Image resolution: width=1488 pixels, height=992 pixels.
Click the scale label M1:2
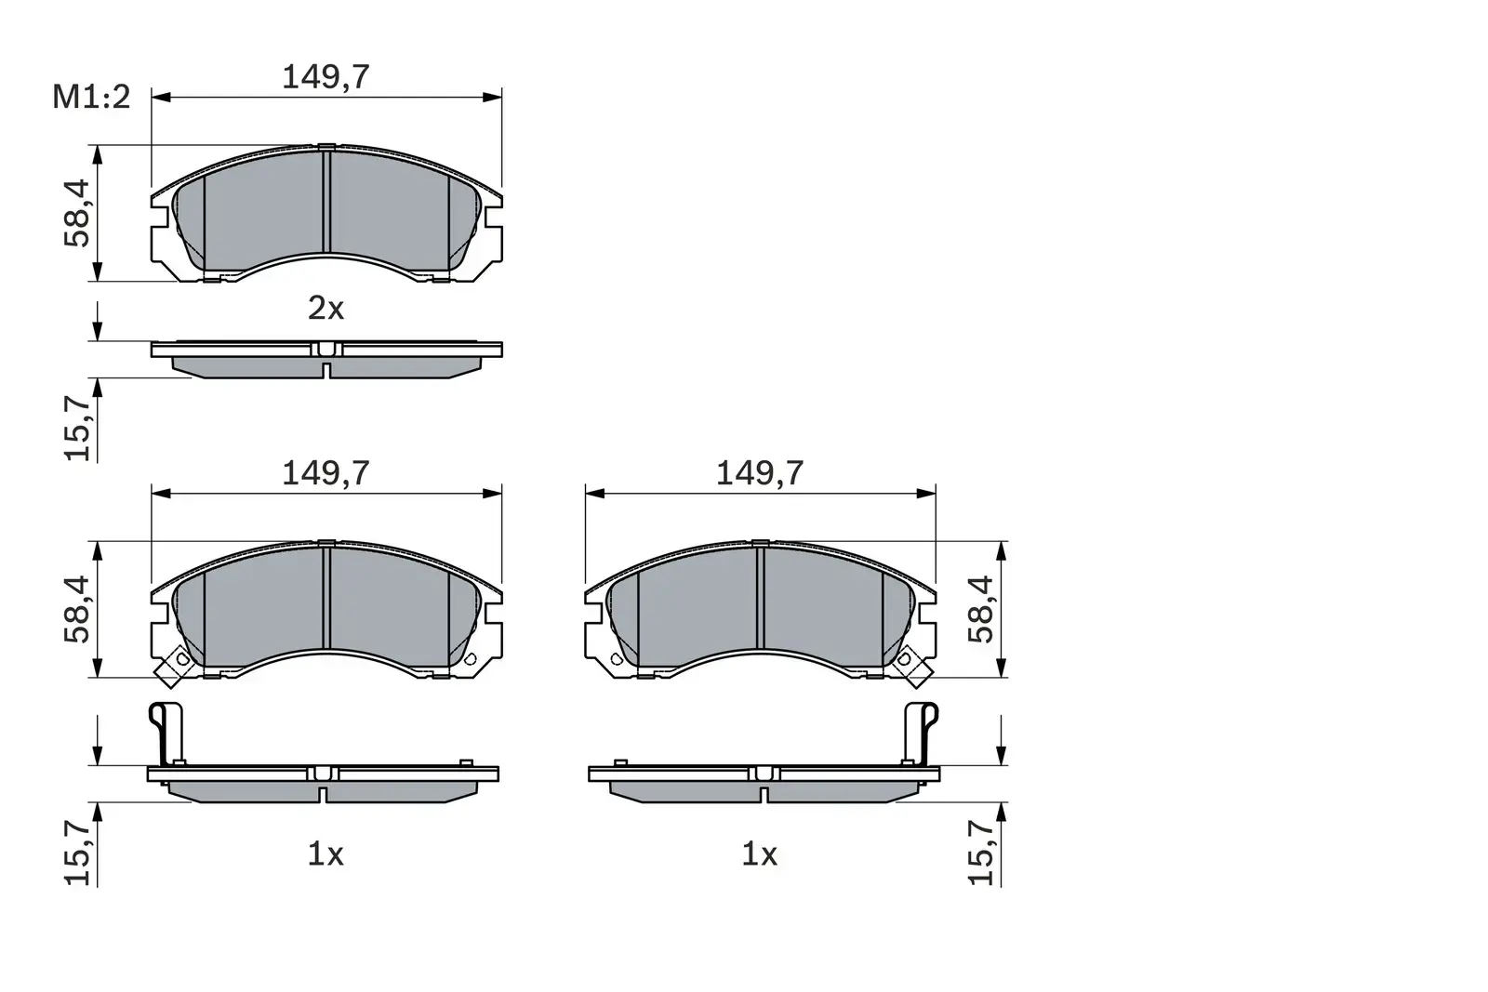(x=91, y=96)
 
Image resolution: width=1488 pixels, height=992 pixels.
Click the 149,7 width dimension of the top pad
(x=325, y=77)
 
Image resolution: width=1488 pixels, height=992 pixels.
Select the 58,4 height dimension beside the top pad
(x=77, y=212)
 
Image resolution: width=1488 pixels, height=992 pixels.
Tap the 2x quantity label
(x=325, y=308)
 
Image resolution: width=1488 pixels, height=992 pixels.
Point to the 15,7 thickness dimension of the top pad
(x=77, y=427)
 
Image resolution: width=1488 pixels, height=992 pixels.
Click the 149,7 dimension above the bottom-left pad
(x=325, y=473)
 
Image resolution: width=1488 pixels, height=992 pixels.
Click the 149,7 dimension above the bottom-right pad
(x=759, y=473)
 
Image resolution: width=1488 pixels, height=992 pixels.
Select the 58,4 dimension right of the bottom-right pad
(x=981, y=609)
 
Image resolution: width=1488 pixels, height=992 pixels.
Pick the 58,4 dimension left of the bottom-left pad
(x=77, y=609)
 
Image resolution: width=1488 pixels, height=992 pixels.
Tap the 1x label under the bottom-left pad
(x=325, y=853)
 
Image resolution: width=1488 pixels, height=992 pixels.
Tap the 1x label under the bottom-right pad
(x=759, y=853)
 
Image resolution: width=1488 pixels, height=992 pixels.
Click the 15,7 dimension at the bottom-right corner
(x=981, y=853)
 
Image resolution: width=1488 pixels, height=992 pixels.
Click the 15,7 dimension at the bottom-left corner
(x=77, y=853)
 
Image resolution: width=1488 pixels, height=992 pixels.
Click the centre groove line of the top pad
(x=326, y=200)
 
